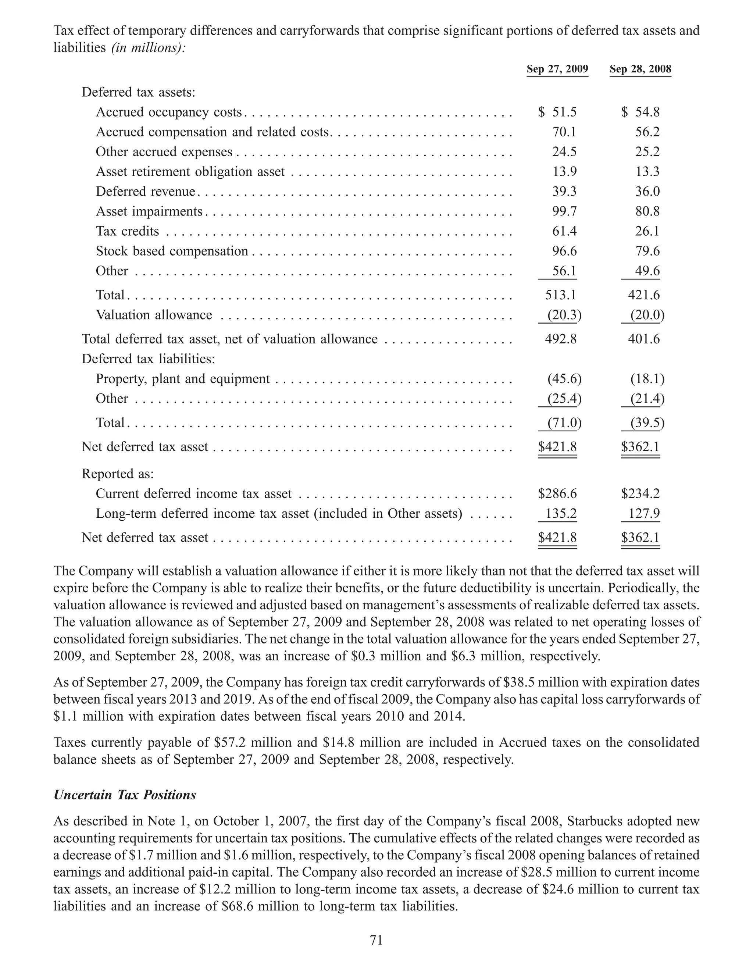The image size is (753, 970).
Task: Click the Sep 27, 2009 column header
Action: tap(557, 69)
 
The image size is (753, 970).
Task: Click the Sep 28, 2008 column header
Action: tap(640, 69)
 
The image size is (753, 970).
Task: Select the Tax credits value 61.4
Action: tap(564, 231)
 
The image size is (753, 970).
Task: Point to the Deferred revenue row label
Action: tap(146, 192)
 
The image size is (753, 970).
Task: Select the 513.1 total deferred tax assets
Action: tap(560, 295)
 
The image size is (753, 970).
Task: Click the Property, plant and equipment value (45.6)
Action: tap(563, 379)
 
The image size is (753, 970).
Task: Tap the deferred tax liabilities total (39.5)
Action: tap(646, 422)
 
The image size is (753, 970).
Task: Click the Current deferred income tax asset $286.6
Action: tap(557, 493)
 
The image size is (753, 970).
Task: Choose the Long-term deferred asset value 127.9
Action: tap(644, 514)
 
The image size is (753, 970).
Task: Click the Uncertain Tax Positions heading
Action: tap(125, 795)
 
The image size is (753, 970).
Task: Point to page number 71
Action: tap(376, 940)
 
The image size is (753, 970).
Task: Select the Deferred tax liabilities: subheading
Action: tap(148, 359)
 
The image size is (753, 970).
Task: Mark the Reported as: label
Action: tap(118, 474)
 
